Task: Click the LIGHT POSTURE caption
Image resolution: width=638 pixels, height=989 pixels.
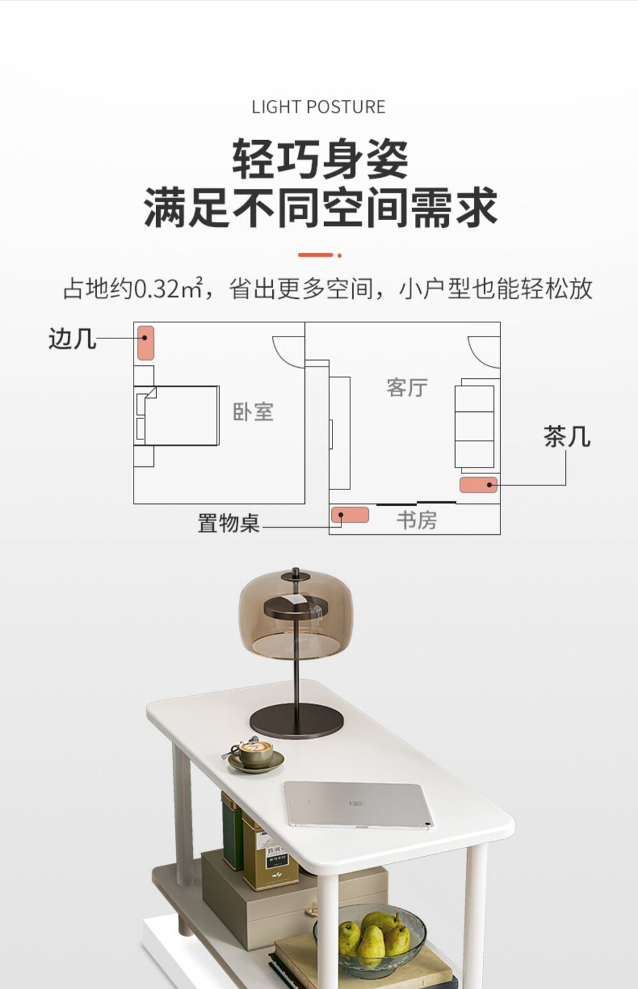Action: click(x=318, y=107)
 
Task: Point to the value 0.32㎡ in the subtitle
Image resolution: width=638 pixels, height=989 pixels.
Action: click(x=167, y=289)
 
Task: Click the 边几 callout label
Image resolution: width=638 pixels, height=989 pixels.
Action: click(x=72, y=338)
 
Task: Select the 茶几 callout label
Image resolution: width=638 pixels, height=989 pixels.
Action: click(x=566, y=437)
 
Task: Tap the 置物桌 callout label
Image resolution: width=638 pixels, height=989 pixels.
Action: click(x=228, y=523)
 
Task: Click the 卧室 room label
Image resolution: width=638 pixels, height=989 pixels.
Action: click(x=253, y=412)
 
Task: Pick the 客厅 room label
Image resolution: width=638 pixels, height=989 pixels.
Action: click(x=407, y=388)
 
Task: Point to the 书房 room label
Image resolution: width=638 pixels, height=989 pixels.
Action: click(x=417, y=520)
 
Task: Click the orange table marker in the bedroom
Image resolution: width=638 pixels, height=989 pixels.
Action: click(x=146, y=342)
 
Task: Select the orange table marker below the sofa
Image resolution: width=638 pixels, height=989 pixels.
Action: click(x=478, y=485)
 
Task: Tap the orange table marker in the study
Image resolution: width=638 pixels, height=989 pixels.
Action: click(x=350, y=514)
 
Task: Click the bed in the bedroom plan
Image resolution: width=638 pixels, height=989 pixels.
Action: click(x=182, y=415)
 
